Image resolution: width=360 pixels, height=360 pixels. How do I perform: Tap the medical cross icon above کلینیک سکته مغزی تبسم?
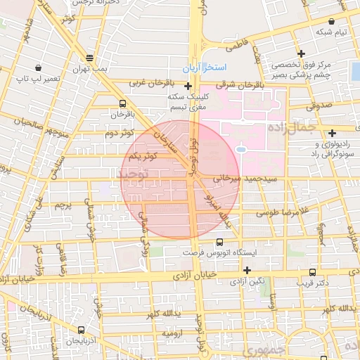(x=188, y=86)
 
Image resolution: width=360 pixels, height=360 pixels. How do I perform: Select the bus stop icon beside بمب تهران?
(x=89, y=58)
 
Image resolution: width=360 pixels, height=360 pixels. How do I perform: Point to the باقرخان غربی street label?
(x=150, y=83)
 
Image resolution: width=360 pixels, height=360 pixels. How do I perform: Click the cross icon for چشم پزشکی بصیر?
(x=301, y=53)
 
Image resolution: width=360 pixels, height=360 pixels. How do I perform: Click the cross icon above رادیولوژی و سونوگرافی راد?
(x=332, y=132)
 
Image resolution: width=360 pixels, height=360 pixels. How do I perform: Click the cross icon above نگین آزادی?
(x=247, y=270)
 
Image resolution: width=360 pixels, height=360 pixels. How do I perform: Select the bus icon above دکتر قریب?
(x=312, y=272)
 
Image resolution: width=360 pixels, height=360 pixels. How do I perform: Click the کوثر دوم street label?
(x=118, y=131)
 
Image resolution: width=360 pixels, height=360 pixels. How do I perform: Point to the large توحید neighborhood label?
(x=134, y=175)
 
